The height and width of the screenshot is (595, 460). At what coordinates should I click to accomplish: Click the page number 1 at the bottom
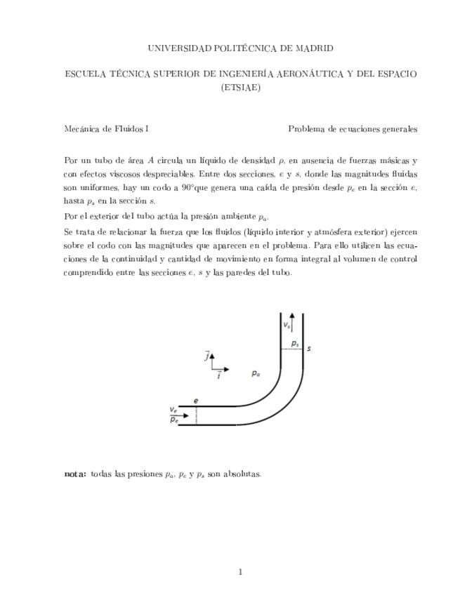240,572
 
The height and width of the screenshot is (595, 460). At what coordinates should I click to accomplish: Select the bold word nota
74,474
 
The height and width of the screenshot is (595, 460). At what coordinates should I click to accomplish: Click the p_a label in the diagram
256,374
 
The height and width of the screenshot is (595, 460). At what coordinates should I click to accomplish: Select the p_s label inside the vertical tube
295,345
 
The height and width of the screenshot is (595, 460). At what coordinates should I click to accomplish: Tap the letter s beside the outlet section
310,348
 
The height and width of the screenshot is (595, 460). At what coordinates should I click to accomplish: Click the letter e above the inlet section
196,401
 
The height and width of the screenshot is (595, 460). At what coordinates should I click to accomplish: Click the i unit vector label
218,376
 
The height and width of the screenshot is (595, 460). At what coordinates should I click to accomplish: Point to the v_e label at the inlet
173,409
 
